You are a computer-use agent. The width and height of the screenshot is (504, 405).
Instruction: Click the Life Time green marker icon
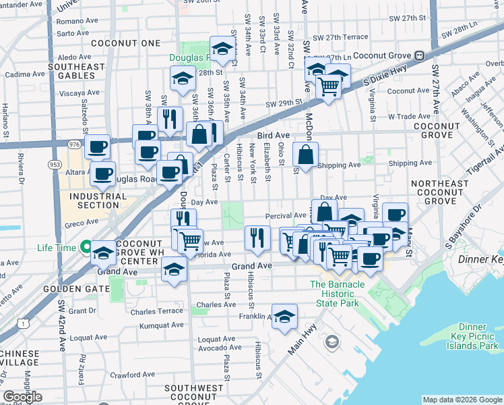(x=86, y=248)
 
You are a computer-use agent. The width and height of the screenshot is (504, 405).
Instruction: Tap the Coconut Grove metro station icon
(x=419, y=55)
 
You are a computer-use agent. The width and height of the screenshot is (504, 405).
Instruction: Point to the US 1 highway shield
(x=25, y=324)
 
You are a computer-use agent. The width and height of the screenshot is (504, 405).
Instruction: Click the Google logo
(x=22, y=397)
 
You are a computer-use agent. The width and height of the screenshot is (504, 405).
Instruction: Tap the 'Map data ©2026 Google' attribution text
(x=462, y=400)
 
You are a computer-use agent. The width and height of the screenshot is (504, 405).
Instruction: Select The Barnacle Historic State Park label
(x=346, y=290)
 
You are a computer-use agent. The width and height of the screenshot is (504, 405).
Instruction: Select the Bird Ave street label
(x=274, y=136)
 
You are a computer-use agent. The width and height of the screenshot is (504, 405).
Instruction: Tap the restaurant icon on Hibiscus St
(x=257, y=237)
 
